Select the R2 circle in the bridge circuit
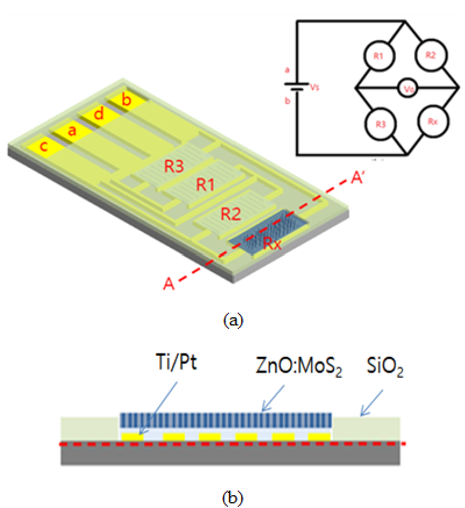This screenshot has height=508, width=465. click(x=430, y=55)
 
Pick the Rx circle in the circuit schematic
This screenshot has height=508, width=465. click(x=431, y=123)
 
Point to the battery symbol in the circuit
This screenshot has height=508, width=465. click(x=298, y=88)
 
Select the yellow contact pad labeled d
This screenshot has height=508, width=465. click(x=99, y=115)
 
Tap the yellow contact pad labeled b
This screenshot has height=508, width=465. click(x=126, y=100)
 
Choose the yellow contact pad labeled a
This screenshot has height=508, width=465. click(x=72, y=131)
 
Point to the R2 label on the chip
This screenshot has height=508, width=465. click(x=231, y=214)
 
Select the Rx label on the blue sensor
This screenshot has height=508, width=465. click(x=272, y=245)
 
